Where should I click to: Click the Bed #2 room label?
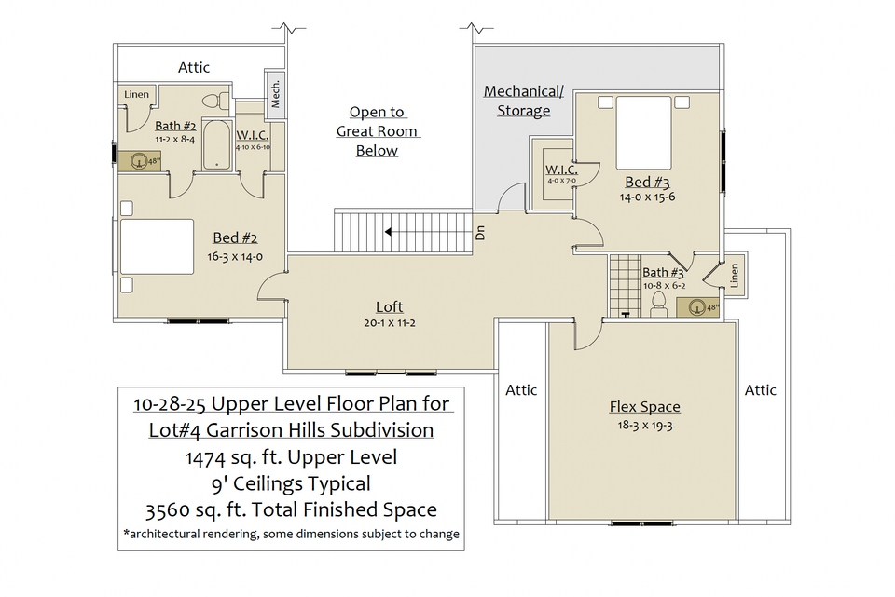[235, 237]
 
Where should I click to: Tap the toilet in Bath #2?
[215, 102]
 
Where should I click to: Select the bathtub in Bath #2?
[217, 145]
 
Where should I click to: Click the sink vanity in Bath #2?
[139, 161]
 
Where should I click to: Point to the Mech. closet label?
[276, 93]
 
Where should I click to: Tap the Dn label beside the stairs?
[480, 232]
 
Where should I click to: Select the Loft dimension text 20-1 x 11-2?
[390, 323]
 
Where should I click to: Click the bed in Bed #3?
[643, 133]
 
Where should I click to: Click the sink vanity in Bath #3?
[697, 307]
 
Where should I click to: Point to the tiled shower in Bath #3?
[625, 286]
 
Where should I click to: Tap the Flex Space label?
[645, 407]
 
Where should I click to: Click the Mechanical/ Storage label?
[523, 101]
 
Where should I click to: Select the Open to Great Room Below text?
[378, 131]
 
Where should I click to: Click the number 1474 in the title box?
[205, 457]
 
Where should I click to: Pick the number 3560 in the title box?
[167, 509]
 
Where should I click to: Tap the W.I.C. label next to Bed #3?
[561, 170]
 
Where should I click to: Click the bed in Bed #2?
[157, 247]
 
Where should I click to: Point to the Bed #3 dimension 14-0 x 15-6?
[647, 197]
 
